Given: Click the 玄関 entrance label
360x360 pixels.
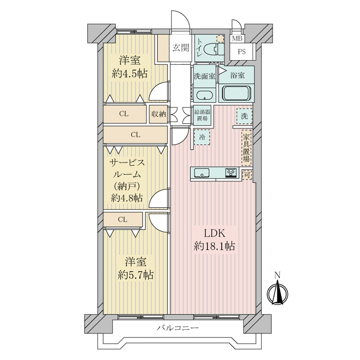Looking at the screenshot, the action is pyautogui.click(x=181, y=48).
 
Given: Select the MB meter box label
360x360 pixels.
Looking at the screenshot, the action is pyautogui.click(x=237, y=38).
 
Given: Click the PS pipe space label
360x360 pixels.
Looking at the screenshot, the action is pyautogui.click(x=242, y=52).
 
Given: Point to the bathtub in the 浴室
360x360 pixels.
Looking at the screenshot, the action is pyautogui.click(x=236, y=93).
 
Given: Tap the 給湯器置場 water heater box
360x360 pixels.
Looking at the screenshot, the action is pyautogui.click(x=202, y=115).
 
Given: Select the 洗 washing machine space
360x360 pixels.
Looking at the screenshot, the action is pyautogui.click(x=244, y=116).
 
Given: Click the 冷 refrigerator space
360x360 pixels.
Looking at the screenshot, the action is pyautogui.click(x=202, y=137).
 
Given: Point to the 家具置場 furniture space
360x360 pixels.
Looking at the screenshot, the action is pyautogui.click(x=246, y=148).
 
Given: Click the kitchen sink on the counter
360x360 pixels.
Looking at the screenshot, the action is pyautogui.click(x=202, y=173).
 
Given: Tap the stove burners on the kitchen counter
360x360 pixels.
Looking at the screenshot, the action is pyautogui.click(x=231, y=173).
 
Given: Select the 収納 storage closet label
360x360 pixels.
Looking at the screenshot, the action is pyautogui.click(x=159, y=114).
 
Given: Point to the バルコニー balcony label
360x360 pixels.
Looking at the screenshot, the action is pyautogui.click(x=177, y=328).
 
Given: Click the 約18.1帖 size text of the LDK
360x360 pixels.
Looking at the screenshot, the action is pyautogui.click(x=215, y=247).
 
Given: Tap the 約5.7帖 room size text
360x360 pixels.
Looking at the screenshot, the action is pyautogui.click(x=135, y=274).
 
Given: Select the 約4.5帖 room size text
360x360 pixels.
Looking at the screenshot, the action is pyautogui.click(x=130, y=74).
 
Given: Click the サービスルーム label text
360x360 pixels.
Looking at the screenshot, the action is pyautogui.click(x=127, y=169).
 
